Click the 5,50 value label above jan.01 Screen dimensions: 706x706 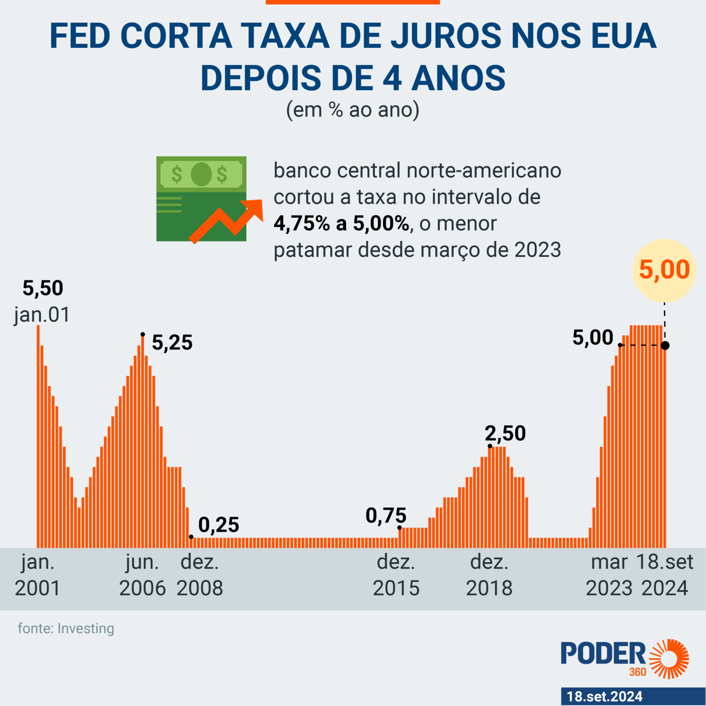click(43, 289)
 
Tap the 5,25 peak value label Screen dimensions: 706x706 click(172, 343)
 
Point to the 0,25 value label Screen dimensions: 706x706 click(219, 525)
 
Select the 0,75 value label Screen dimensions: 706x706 click(386, 516)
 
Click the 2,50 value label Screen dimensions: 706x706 click(506, 433)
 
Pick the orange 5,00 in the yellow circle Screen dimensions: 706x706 click(664, 270)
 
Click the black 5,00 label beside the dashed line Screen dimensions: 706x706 click(593, 338)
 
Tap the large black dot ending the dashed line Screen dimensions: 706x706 click(665, 345)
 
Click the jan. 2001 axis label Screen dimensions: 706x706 click(38, 575)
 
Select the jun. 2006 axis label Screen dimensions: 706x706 click(142, 575)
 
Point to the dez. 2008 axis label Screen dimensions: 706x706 click(200, 575)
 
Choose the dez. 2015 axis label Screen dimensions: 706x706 click(396, 575)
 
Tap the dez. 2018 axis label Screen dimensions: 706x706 click(490, 575)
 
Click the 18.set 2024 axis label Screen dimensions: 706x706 click(665, 575)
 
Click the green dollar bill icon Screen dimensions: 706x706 click(201, 199)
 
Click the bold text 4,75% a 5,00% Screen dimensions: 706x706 click(341, 224)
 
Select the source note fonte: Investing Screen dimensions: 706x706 click(66, 628)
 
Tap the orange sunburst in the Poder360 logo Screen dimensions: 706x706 click(669, 659)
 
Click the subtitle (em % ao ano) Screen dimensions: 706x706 click(353, 110)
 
